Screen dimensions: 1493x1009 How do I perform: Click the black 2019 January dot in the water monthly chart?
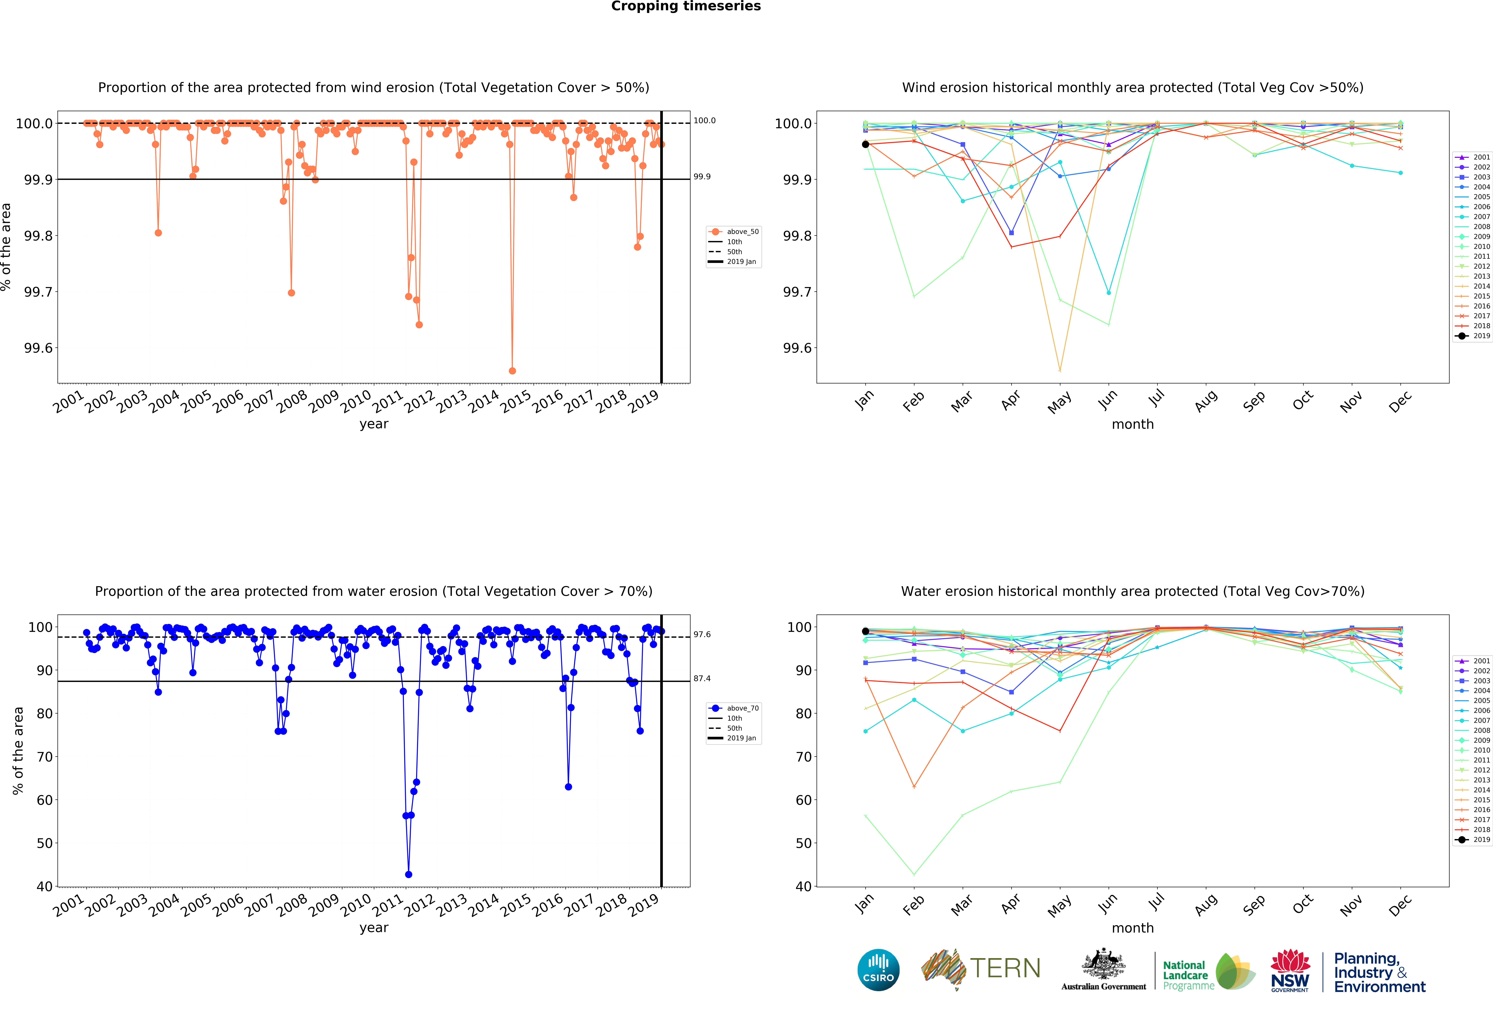(x=865, y=631)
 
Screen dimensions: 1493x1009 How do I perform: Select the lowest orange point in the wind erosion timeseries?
(x=512, y=371)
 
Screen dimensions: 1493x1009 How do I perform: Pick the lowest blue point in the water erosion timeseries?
(x=409, y=874)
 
